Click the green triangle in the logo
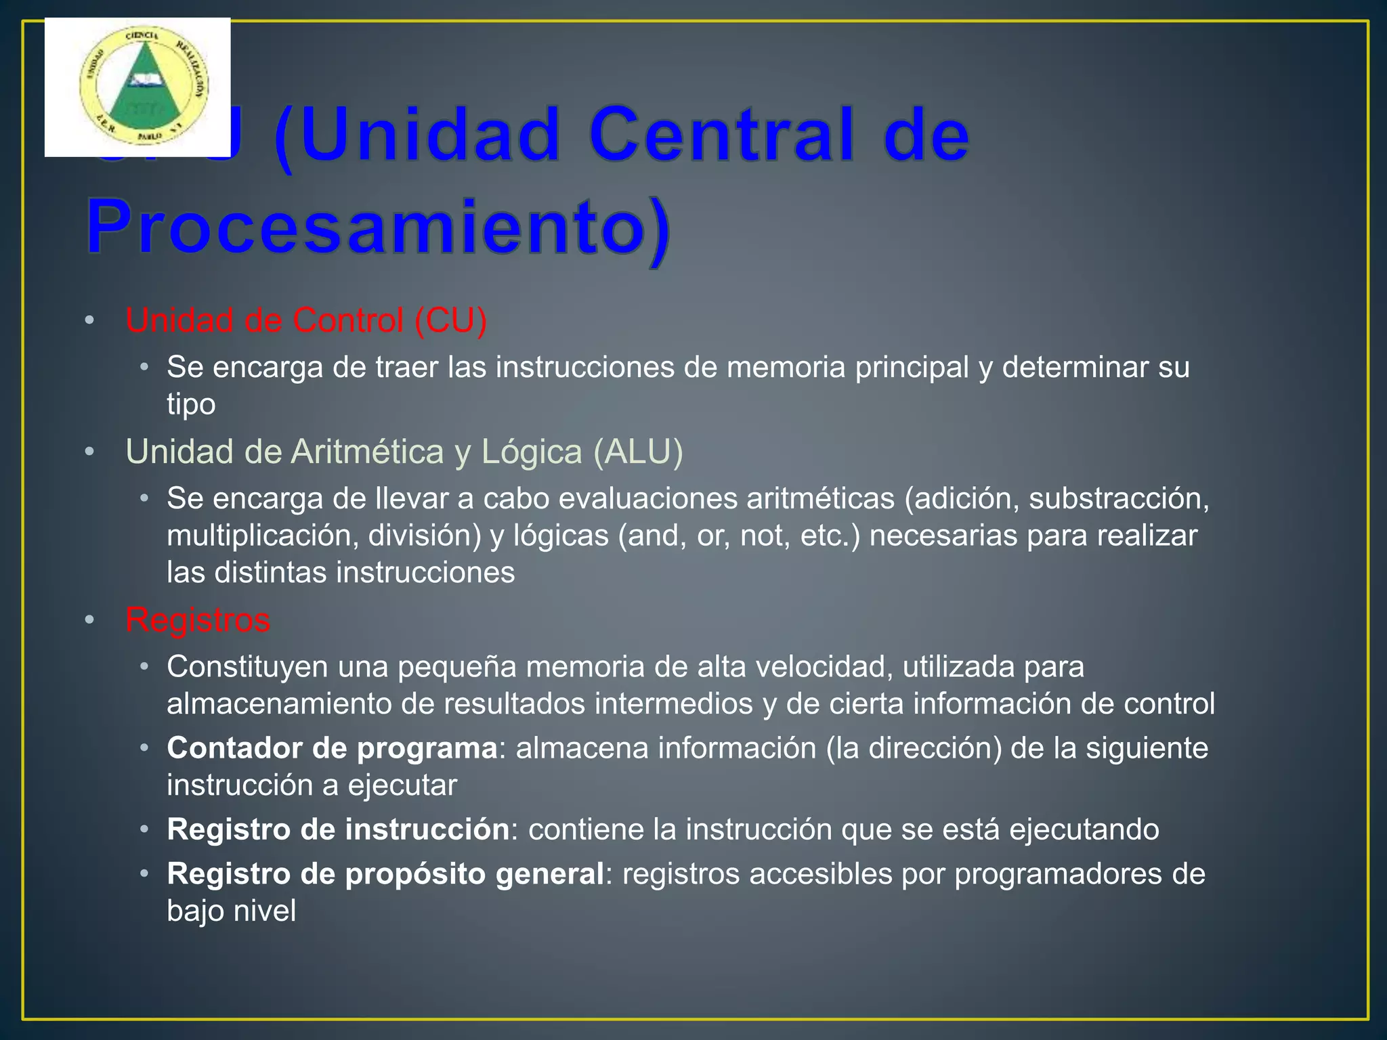144,91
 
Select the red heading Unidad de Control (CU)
306,320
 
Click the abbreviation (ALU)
638,452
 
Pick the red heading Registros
198,620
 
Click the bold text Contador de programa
332,748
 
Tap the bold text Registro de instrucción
338,829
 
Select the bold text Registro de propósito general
385,874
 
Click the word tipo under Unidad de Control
191,404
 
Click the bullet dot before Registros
89,620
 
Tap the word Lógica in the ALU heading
532,452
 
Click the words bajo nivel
232,911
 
